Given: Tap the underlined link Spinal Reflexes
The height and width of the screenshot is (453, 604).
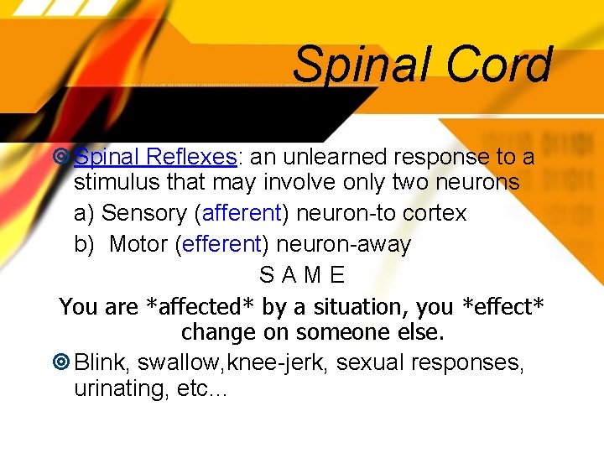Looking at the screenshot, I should [x=154, y=157].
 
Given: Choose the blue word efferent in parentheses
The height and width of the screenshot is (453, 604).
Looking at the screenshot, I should [x=223, y=244].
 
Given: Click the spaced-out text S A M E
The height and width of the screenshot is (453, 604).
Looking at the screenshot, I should [x=302, y=275].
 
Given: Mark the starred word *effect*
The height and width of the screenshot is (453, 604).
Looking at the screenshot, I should [x=497, y=306].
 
